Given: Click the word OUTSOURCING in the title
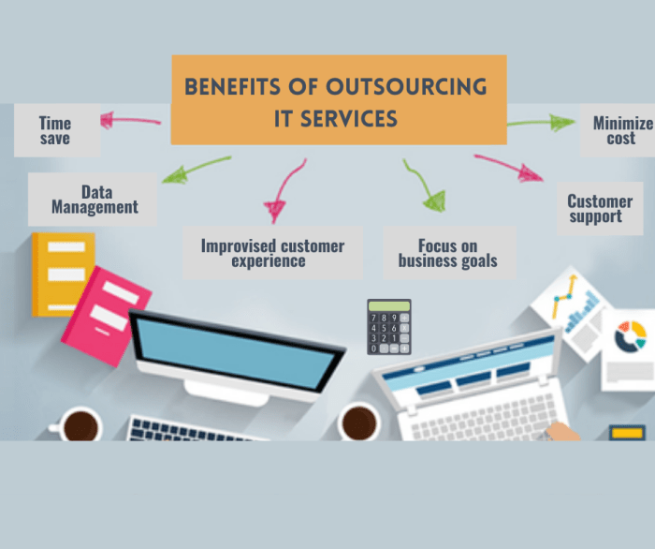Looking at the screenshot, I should point(406,87).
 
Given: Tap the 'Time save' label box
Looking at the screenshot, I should point(54,129).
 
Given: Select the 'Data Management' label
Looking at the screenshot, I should point(94,199).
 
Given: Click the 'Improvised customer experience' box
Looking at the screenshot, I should point(272,253).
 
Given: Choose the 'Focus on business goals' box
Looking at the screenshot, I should point(448,253).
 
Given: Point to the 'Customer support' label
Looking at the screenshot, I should point(600,208).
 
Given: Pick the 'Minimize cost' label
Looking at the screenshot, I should point(621,130).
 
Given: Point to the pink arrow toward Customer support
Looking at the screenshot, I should point(510,165).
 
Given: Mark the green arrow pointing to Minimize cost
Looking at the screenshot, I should point(543,122).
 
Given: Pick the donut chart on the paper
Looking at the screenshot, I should point(631,334).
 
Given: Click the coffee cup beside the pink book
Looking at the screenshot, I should point(80,425).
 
